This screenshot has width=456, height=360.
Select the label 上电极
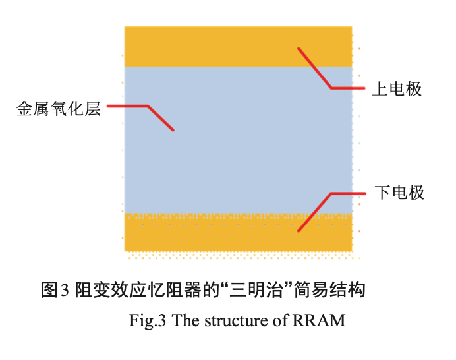397,88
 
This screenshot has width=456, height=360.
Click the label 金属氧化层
59,109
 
